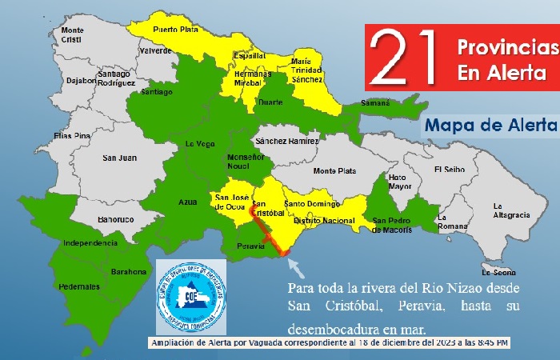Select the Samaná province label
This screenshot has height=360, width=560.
coord(374,103)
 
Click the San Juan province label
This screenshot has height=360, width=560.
coord(119,158)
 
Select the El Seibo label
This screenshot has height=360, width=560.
coord(450,169)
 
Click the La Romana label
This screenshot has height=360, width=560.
coord(451,222)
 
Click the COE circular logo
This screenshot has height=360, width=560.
coord(192,296)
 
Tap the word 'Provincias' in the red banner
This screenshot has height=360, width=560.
coord(504,48)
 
